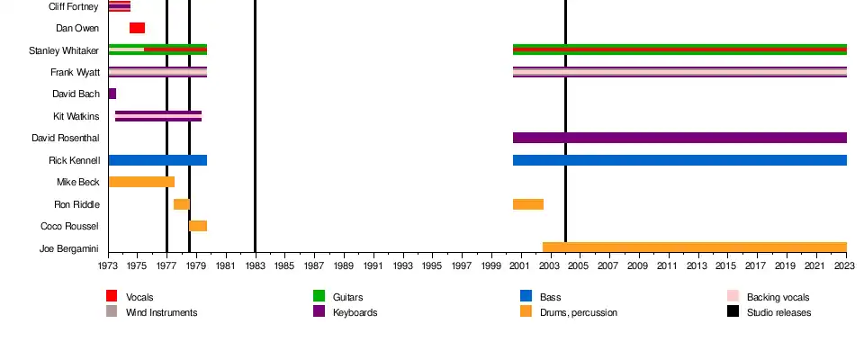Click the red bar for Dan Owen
coord(137,28)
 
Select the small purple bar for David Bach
coord(112,94)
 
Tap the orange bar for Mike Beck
coord(141,182)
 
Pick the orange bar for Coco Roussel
coord(198,226)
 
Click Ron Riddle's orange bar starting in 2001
coord(528,204)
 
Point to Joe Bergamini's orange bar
coord(694,247)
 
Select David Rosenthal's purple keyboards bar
coord(679,138)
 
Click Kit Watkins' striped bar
coord(158,116)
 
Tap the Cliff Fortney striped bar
coord(119,6)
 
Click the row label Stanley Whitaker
coord(64,50)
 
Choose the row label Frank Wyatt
coord(75,72)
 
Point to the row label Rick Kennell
coord(74,160)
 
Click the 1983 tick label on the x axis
coord(255,266)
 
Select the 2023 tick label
coord(846,266)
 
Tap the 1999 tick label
coord(491,266)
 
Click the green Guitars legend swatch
coord(319,296)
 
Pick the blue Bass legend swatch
coord(526,296)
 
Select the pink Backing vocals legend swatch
coord(733,296)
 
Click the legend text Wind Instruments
coord(161,312)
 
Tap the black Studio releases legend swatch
coord(733,311)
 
